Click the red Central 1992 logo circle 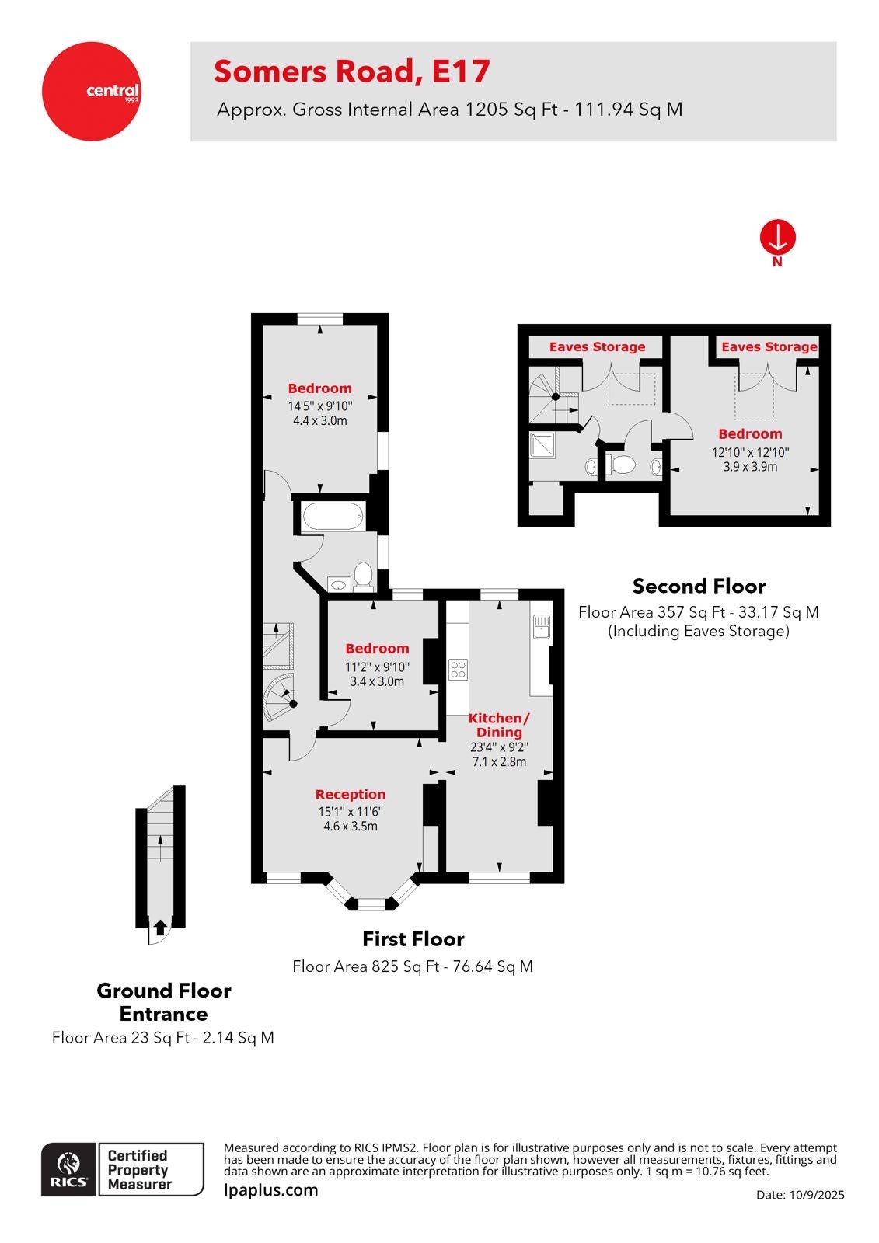[x=91, y=91]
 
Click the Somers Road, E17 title [x=351, y=71]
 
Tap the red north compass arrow [x=777, y=237]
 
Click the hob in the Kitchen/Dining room [x=458, y=669]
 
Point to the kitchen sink [x=541, y=626]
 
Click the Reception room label [x=351, y=794]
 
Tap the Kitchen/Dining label [x=499, y=725]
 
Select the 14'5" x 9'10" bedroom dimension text [x=320, y=406]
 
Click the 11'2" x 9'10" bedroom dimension [x=377, y=667]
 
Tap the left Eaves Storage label [x=597, y=346]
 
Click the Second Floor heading [x=699, y=586]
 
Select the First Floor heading [x=413, y=938]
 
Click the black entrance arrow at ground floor [x=159, y=927]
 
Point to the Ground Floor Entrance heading [x=163, y=1002]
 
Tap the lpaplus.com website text [x=270, y=1190]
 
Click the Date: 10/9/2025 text [x=800, y=1195]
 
